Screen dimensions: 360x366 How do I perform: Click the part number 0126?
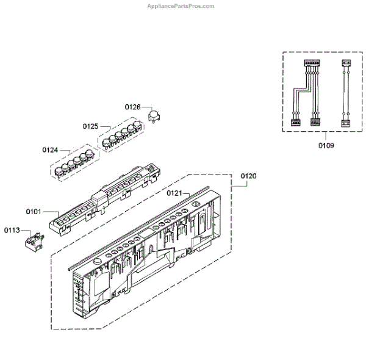[x=133, y=107]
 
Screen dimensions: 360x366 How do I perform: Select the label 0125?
[x=90, y=126]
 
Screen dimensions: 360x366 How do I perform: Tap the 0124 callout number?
[x=50, y=149]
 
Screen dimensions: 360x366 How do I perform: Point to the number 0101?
[x=34, y=212]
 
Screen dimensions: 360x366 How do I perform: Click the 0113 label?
[x=12, y=230]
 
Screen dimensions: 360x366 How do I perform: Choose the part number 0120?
[x=248, y=176]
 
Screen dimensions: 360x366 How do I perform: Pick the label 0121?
[x=175, y=193]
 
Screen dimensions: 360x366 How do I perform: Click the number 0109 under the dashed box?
[x=326, y=146]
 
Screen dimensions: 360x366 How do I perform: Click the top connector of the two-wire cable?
[x=345, y=63]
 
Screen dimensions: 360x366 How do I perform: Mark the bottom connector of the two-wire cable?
[x=345, y=122]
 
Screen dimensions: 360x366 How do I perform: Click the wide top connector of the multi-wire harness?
[x=311, y=63]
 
